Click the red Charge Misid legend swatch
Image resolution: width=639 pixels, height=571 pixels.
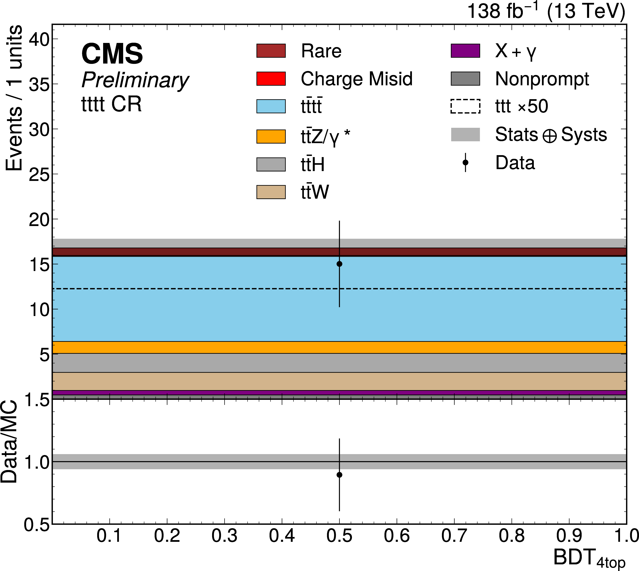pos(271,78)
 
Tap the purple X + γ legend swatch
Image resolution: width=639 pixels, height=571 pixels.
pos(465,51)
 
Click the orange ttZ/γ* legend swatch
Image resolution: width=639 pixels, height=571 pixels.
pos(271,136)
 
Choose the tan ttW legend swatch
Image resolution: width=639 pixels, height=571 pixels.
pos(271,192)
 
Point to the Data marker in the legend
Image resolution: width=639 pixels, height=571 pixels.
pos(465,162)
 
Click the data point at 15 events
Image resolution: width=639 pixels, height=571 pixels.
pos(339,264)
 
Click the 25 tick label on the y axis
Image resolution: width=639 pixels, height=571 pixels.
pos(39,174)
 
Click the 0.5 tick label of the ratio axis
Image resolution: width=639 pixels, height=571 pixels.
pos(37,525)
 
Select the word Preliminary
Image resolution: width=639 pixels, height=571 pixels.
pos(135,80)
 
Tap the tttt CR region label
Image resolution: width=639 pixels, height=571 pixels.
pos(111,104)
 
